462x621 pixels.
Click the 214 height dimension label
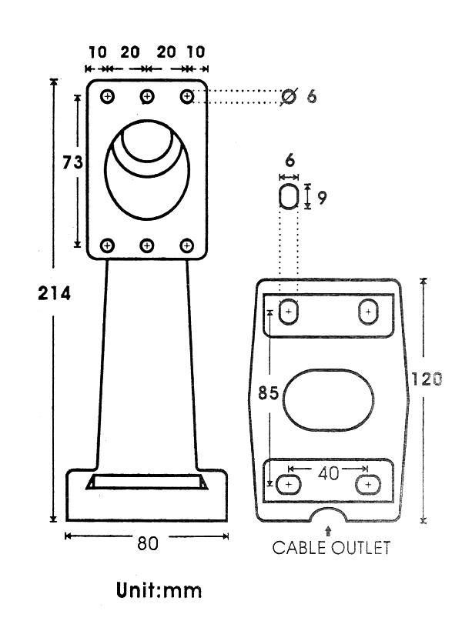click(54, 293)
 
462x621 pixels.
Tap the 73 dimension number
click(72, 162)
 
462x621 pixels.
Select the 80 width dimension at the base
click(148, 543)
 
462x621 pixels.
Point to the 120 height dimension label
click(427, 379)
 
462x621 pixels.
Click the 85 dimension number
click(268, 393)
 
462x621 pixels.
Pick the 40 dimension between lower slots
click(329, 473)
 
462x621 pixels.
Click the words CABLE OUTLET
click(331, 548)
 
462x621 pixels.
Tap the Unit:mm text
click(159, 590)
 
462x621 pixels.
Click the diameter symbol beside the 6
click(289, 96)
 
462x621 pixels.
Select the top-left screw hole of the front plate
click(107, 96)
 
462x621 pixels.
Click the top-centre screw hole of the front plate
click(147, 96)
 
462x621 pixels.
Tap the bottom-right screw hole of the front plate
click(186, 246)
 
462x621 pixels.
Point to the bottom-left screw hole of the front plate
click(107, 245)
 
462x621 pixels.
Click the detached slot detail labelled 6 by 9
click(289, 195)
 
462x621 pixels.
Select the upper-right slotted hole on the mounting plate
click(368, 312)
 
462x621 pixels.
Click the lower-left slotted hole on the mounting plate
click(289, 484)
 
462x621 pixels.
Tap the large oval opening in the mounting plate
click(329, 400)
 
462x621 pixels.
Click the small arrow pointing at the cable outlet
click(328, 531)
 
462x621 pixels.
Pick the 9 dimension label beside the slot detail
click(322, 197)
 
